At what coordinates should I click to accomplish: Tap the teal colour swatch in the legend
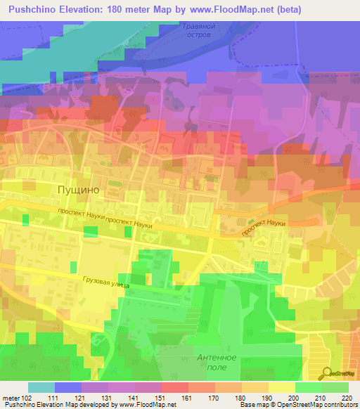(41, 387)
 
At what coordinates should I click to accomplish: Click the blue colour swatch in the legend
(68, 387)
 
